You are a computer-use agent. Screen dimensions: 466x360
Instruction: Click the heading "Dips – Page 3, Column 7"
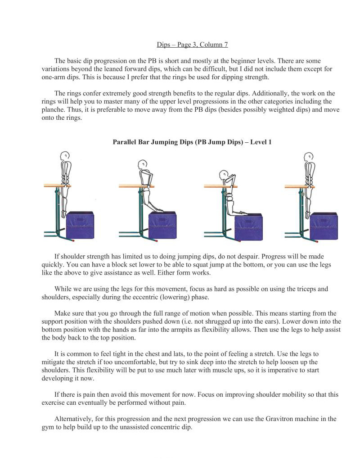click(x=192, y=45)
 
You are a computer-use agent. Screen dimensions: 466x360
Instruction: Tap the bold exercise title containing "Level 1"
click(x=192, y=142)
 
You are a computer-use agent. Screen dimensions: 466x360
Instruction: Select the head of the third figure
click(x=224, y=175)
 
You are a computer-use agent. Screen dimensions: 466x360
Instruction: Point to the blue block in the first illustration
click(x=80, y=225)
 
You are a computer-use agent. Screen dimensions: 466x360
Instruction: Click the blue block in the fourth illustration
click(x=324, y=226)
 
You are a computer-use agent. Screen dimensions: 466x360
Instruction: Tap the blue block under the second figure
click(x=162, y=225)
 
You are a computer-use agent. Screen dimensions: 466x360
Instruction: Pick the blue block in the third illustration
click(x=248, y=226)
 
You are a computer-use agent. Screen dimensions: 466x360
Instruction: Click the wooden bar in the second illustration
click(x=137, y=185)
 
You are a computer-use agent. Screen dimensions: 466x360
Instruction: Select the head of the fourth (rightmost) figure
click(x=309, y=157)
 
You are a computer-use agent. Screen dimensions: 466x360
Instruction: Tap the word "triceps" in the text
click(x=302, y=289)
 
